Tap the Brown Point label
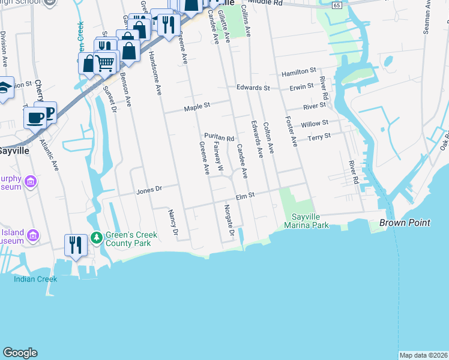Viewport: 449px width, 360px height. (x=405, y=223)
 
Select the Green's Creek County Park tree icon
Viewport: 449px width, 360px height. (x=96, y=238)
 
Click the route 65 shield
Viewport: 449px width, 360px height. (x=339, y=5)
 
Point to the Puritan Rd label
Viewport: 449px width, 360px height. (x=218, y=137)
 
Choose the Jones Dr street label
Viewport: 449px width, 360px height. (x=149, y=190)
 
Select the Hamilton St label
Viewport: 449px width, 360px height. (x=299, y=71)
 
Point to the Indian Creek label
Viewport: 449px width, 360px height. (x=36, y=278)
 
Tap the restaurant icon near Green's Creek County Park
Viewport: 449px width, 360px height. (x=75, y=245)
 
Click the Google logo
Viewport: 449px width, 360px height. (x=20, y=353)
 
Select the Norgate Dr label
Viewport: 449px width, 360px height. (x=228, y=220)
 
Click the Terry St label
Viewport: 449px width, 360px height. (x=319, y=137)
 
